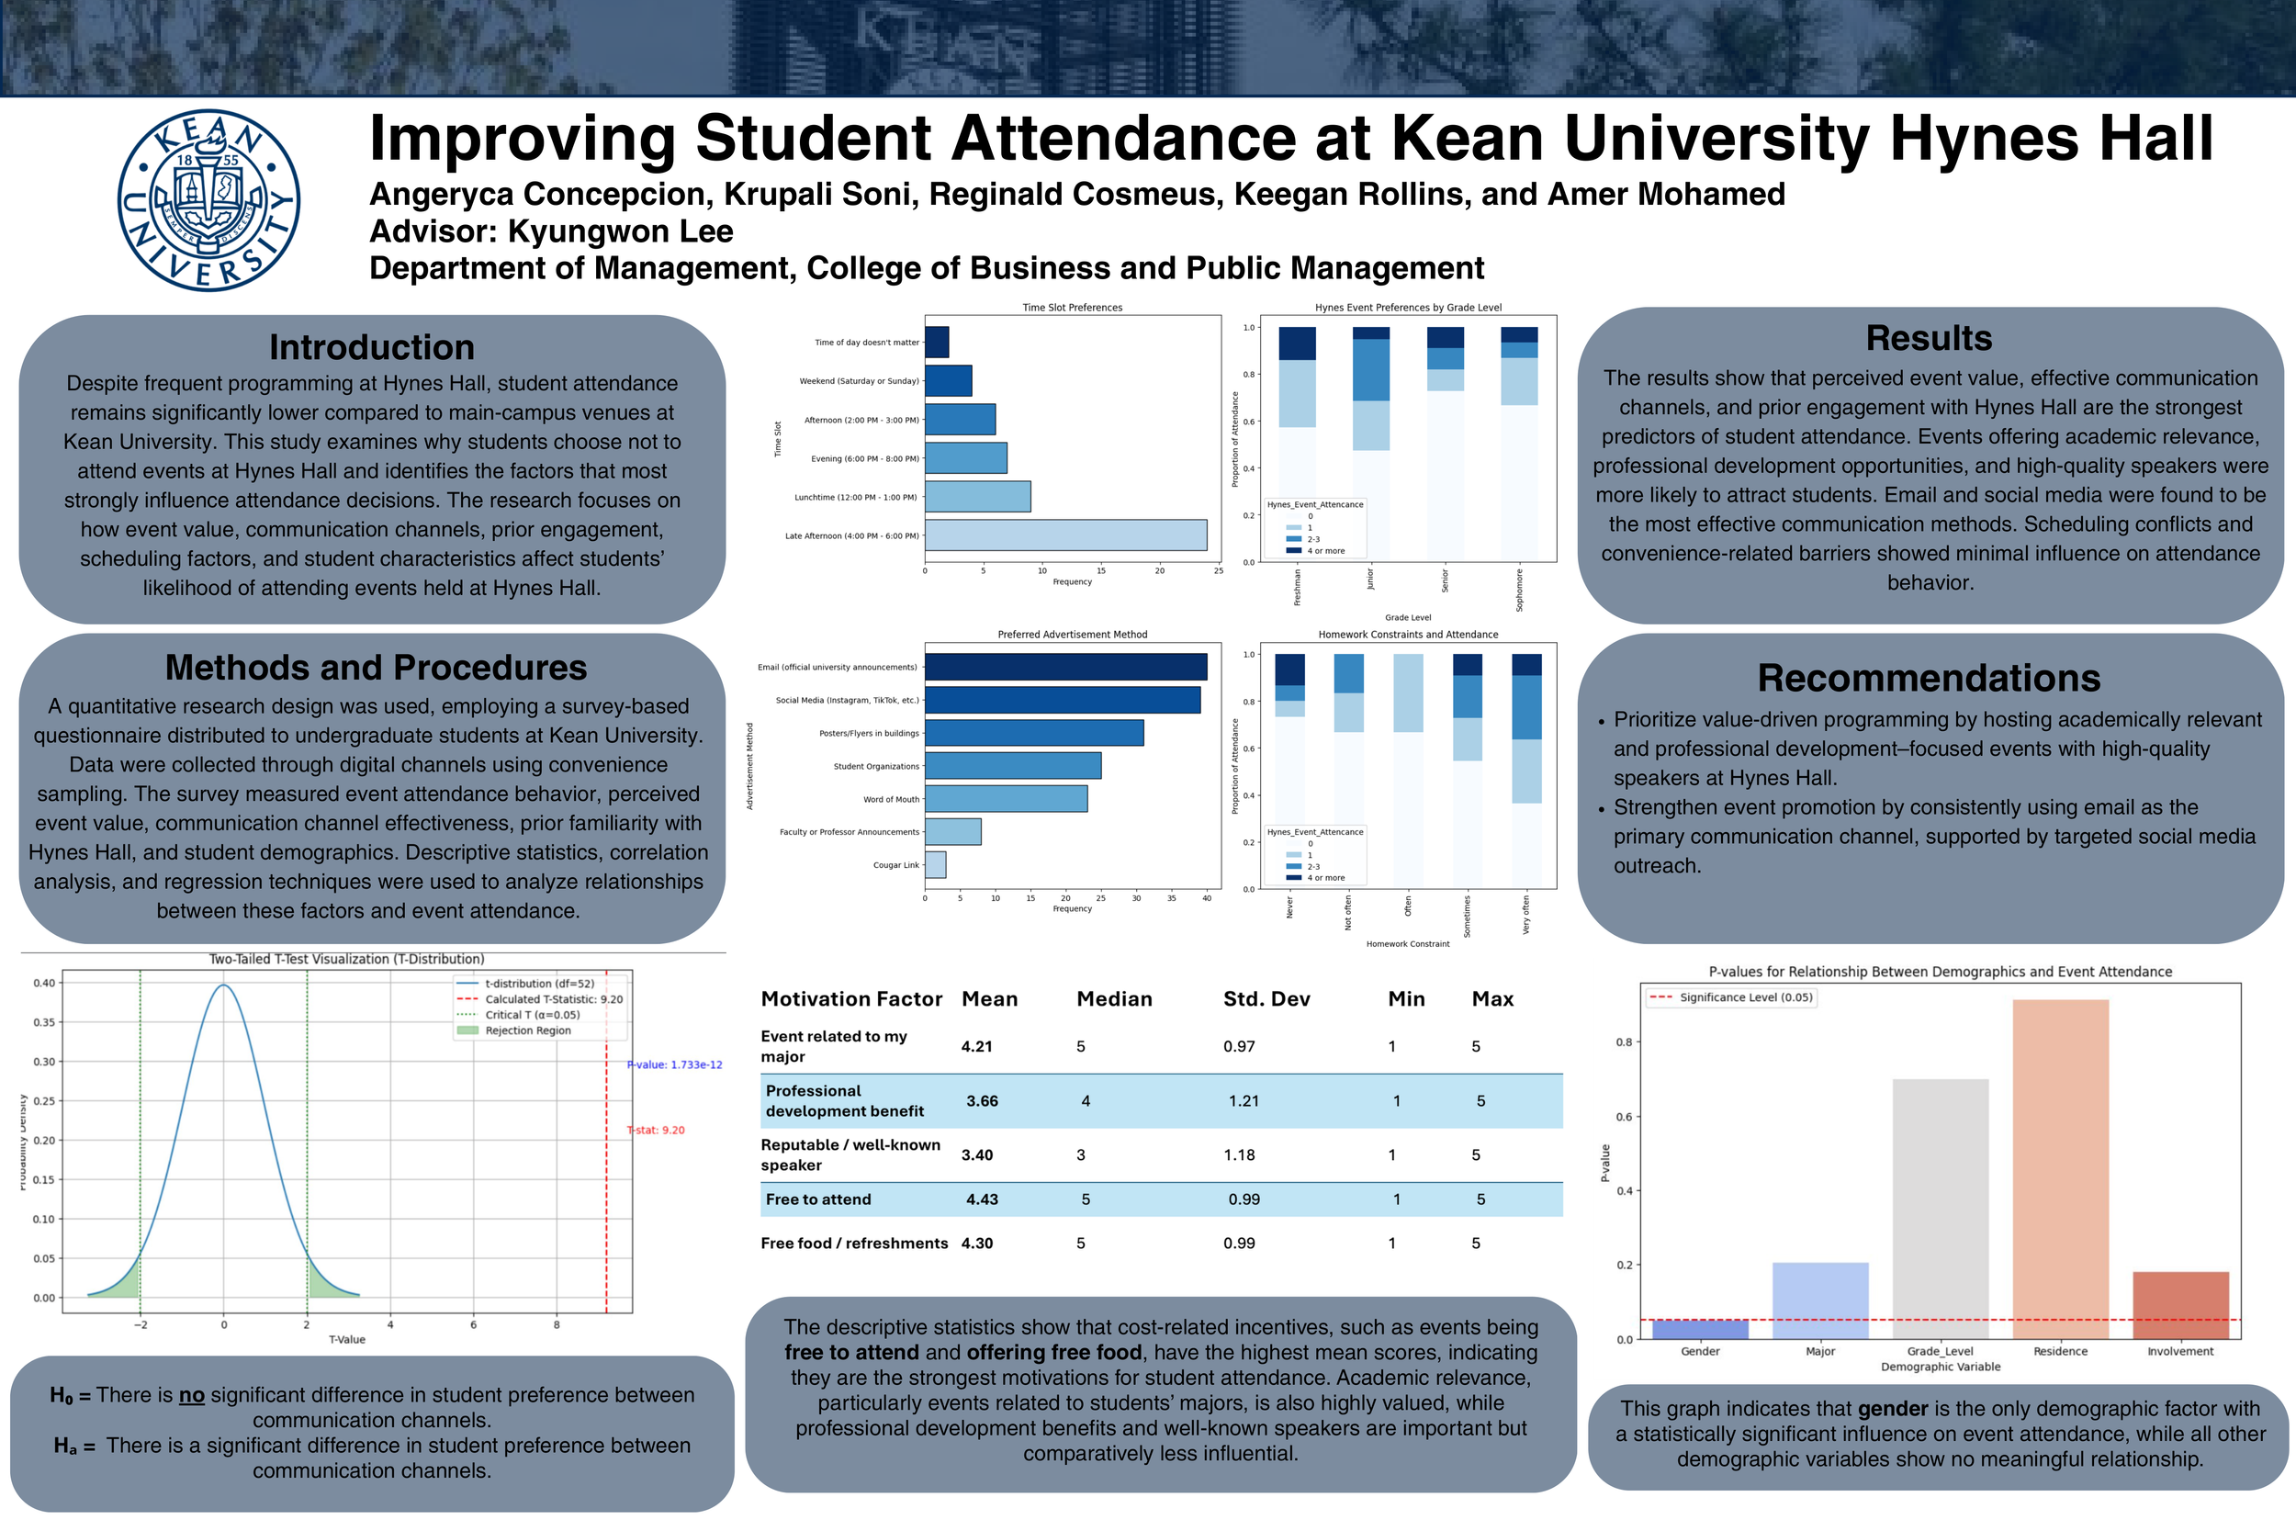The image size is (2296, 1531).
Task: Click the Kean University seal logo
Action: (208, 200)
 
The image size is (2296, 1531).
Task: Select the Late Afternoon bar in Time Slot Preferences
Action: (1065, 535)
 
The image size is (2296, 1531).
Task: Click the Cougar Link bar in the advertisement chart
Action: (934, 864)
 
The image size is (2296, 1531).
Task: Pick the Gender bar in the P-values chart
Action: (1700, 1329)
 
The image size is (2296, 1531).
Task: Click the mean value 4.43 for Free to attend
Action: (981, 1199)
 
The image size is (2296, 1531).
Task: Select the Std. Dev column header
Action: (1266, 999)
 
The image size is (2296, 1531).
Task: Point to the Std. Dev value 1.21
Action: (1243, 1100)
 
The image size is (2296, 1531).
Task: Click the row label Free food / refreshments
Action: (853, 1243)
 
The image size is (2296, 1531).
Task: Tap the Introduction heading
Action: (371, 347)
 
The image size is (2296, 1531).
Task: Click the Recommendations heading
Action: (1928, 678)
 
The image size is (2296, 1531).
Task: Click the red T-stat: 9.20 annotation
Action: (656, 1130)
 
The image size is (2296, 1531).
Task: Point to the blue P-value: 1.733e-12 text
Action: (674, 1064)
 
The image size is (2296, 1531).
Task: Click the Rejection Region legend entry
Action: (527, 1030)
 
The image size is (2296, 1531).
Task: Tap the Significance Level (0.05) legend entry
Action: (1744, 996)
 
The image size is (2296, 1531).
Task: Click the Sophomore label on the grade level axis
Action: (1519, 590)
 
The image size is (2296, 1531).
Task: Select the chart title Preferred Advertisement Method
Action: (1072, 635)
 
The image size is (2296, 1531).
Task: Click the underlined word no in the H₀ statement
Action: (191, 1395)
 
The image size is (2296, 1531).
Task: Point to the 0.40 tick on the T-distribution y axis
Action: (44, 984)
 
